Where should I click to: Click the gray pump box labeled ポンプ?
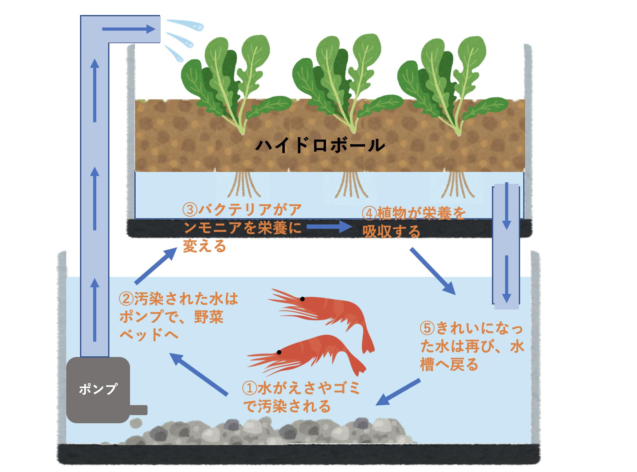point(98,389)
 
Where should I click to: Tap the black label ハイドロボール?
point(320,145)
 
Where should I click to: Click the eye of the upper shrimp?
point(302,299)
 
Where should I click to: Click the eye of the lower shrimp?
point(279,352)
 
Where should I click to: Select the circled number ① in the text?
point(250,389)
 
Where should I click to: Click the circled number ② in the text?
point(126,299)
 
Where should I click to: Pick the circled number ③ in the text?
point(190,210)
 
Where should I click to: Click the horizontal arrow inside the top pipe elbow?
point(128,29)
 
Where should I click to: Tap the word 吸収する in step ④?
point(391,232)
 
